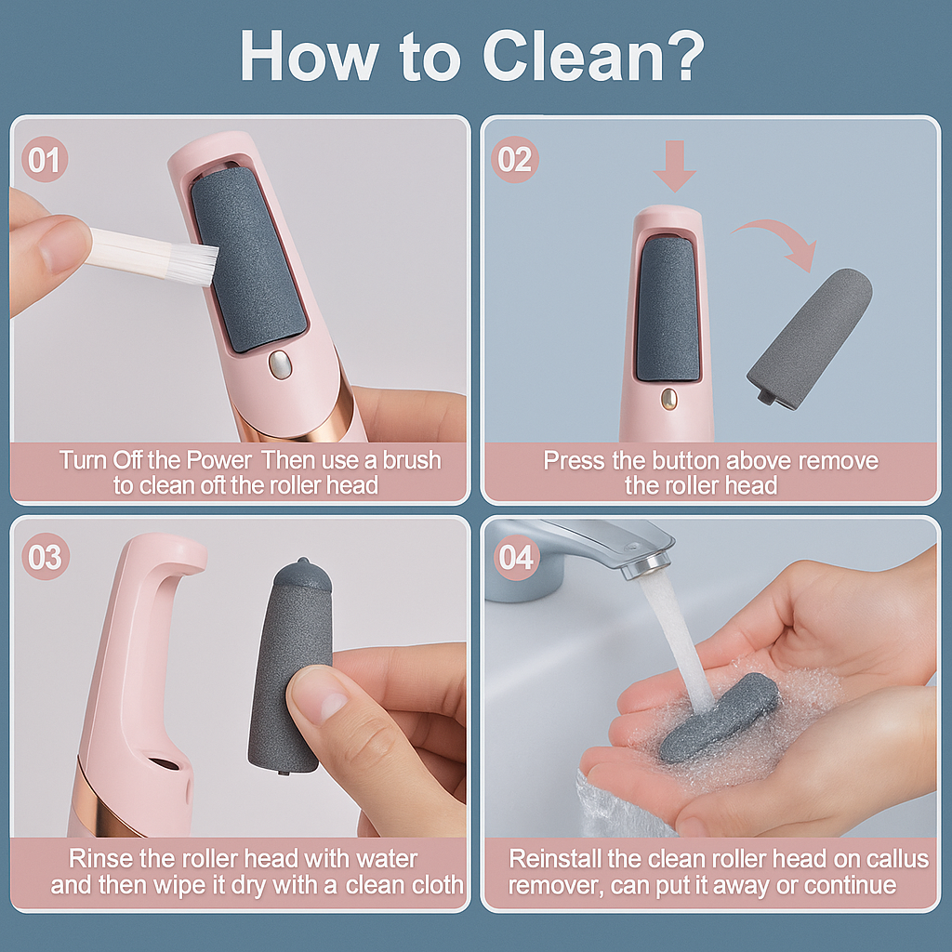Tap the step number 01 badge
[x=44, y=160]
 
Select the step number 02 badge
[x=514, y=160]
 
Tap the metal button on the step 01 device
[x=278, y=365]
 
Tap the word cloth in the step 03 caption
[x=427, y=884]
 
